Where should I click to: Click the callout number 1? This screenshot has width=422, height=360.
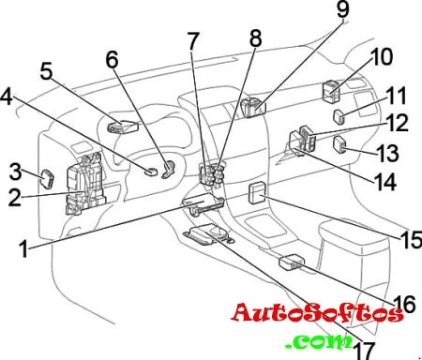(x=23, y=249)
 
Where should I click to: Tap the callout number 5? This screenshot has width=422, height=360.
(x=46, y=71)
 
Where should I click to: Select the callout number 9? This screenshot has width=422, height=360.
(x=342, y=9)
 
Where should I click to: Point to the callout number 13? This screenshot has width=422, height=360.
(x=387, y=153)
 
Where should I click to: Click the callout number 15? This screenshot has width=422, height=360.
(x=411, y=240)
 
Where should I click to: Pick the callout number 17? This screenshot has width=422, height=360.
(x=365, y=351)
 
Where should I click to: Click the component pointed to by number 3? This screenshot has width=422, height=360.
(x=48, y=179)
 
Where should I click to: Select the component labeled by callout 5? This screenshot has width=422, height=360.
(x=123, y=127)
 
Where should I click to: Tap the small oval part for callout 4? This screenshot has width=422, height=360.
(x=152, y=172)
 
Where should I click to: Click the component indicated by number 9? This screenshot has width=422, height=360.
(x=253, y=107)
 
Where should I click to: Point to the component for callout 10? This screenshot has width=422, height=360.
(x=331, y=92)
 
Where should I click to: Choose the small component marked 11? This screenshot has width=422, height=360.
(x=339, y=116)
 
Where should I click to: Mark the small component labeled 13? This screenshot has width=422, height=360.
(x=339, y=144)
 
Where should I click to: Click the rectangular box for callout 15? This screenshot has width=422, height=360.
(x=257, y=194)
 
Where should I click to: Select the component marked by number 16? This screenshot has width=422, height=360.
(x=292, y=262)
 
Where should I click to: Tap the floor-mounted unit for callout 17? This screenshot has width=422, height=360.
(x=208, y=235)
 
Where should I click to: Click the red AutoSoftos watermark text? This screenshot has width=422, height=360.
(x=317, y=313)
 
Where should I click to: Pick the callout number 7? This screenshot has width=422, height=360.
(x=193, y=41)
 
